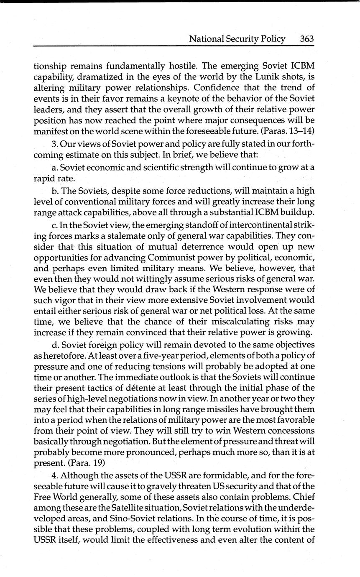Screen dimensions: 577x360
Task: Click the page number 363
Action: click(x=306, y=39)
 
